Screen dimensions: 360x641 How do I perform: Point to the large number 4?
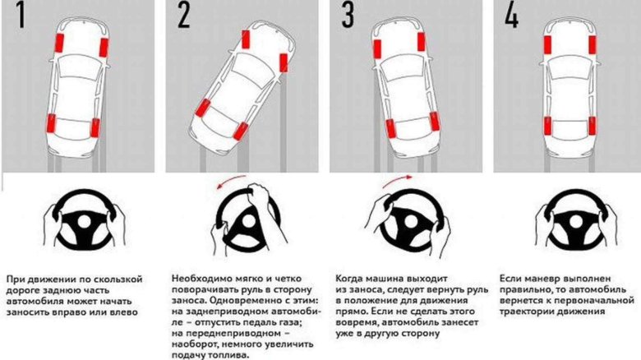click(x=510, y=19)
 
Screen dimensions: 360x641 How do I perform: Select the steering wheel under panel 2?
click(x=242, y=220)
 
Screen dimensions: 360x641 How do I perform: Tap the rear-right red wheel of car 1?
click(x=95, y=129)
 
